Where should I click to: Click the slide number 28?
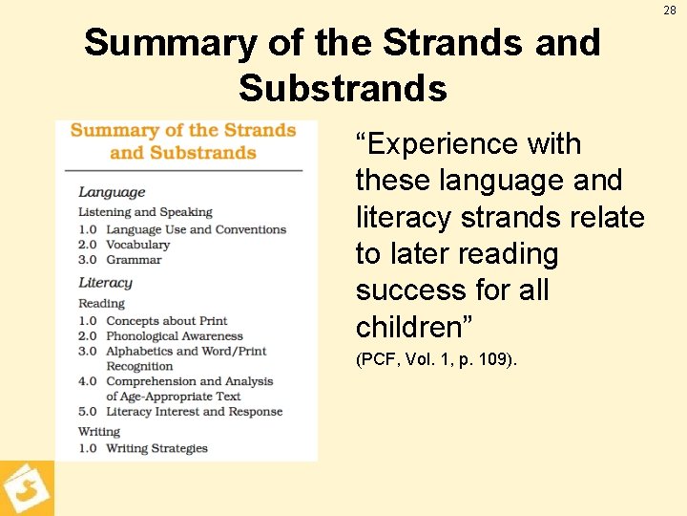(671, 10)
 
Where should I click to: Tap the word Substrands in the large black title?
(343, 88)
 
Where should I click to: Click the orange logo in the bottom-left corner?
(26, 488)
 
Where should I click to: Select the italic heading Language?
(112, 192)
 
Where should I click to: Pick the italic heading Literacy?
(105, 283)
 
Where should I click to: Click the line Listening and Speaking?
(145, 212)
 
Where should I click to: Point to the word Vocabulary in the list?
(137, 245)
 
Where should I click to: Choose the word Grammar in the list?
(134, 260)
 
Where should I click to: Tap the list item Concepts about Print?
(166, 321)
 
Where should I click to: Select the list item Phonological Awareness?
(175, 336)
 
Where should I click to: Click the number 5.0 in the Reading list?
(88, 412)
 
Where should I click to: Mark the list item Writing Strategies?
(156, 448)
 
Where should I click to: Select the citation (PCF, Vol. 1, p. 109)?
(436, 360)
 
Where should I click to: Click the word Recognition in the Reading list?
(139, 366)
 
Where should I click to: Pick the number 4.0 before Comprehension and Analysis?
(88, 381)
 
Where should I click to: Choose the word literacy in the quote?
(405, 218)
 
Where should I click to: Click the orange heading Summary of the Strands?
(182, 131)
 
